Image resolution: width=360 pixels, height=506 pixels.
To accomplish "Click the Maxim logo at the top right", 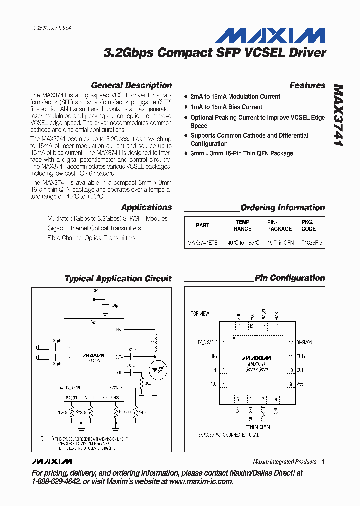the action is coord(270,36).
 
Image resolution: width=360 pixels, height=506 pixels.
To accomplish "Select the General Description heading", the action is coord(131,85).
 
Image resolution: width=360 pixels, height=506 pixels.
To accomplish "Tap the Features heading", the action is coord(307,85).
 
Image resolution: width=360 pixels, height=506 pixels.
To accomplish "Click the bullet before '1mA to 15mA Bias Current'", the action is coord(186,107).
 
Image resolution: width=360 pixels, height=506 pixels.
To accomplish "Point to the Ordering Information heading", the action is coord(282,208).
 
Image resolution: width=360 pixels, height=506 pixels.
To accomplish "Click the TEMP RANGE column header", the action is coord(243,225).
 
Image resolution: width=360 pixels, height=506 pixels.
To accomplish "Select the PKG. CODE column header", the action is coord(308,225).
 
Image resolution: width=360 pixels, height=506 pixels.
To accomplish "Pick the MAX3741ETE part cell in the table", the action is coord(202,242).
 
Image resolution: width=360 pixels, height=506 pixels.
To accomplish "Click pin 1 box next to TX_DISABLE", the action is coord(225,343).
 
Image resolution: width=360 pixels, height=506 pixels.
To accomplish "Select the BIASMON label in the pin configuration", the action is coord(304,343).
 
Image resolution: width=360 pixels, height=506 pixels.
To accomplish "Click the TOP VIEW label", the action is coord(200,314).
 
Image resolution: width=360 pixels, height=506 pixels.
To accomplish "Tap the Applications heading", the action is coord(146,208).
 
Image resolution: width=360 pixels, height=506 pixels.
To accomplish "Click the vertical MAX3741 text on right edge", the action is coord(338,115).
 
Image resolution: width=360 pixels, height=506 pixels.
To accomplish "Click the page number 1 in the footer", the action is coord(323,462).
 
